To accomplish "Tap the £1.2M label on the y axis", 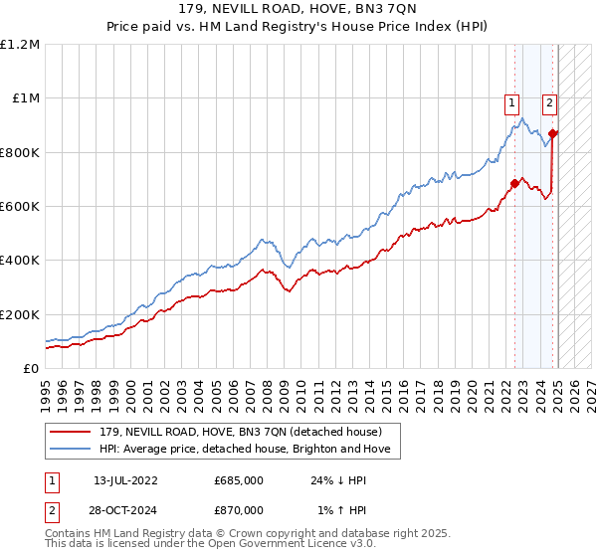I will click(20, 45).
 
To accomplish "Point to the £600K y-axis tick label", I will click(19, 207).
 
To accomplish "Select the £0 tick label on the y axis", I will click(30, 369).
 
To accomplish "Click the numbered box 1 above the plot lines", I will click(511, 100).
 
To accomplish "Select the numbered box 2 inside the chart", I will click(548, 100).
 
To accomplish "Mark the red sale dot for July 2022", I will click(514, 183).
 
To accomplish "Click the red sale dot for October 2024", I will click(553, 133).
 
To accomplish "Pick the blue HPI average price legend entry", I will click(243, 450).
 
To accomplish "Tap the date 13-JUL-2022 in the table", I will click(124, 480).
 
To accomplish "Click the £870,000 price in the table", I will click(239, 509).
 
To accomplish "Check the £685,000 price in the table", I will click(239, 480).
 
